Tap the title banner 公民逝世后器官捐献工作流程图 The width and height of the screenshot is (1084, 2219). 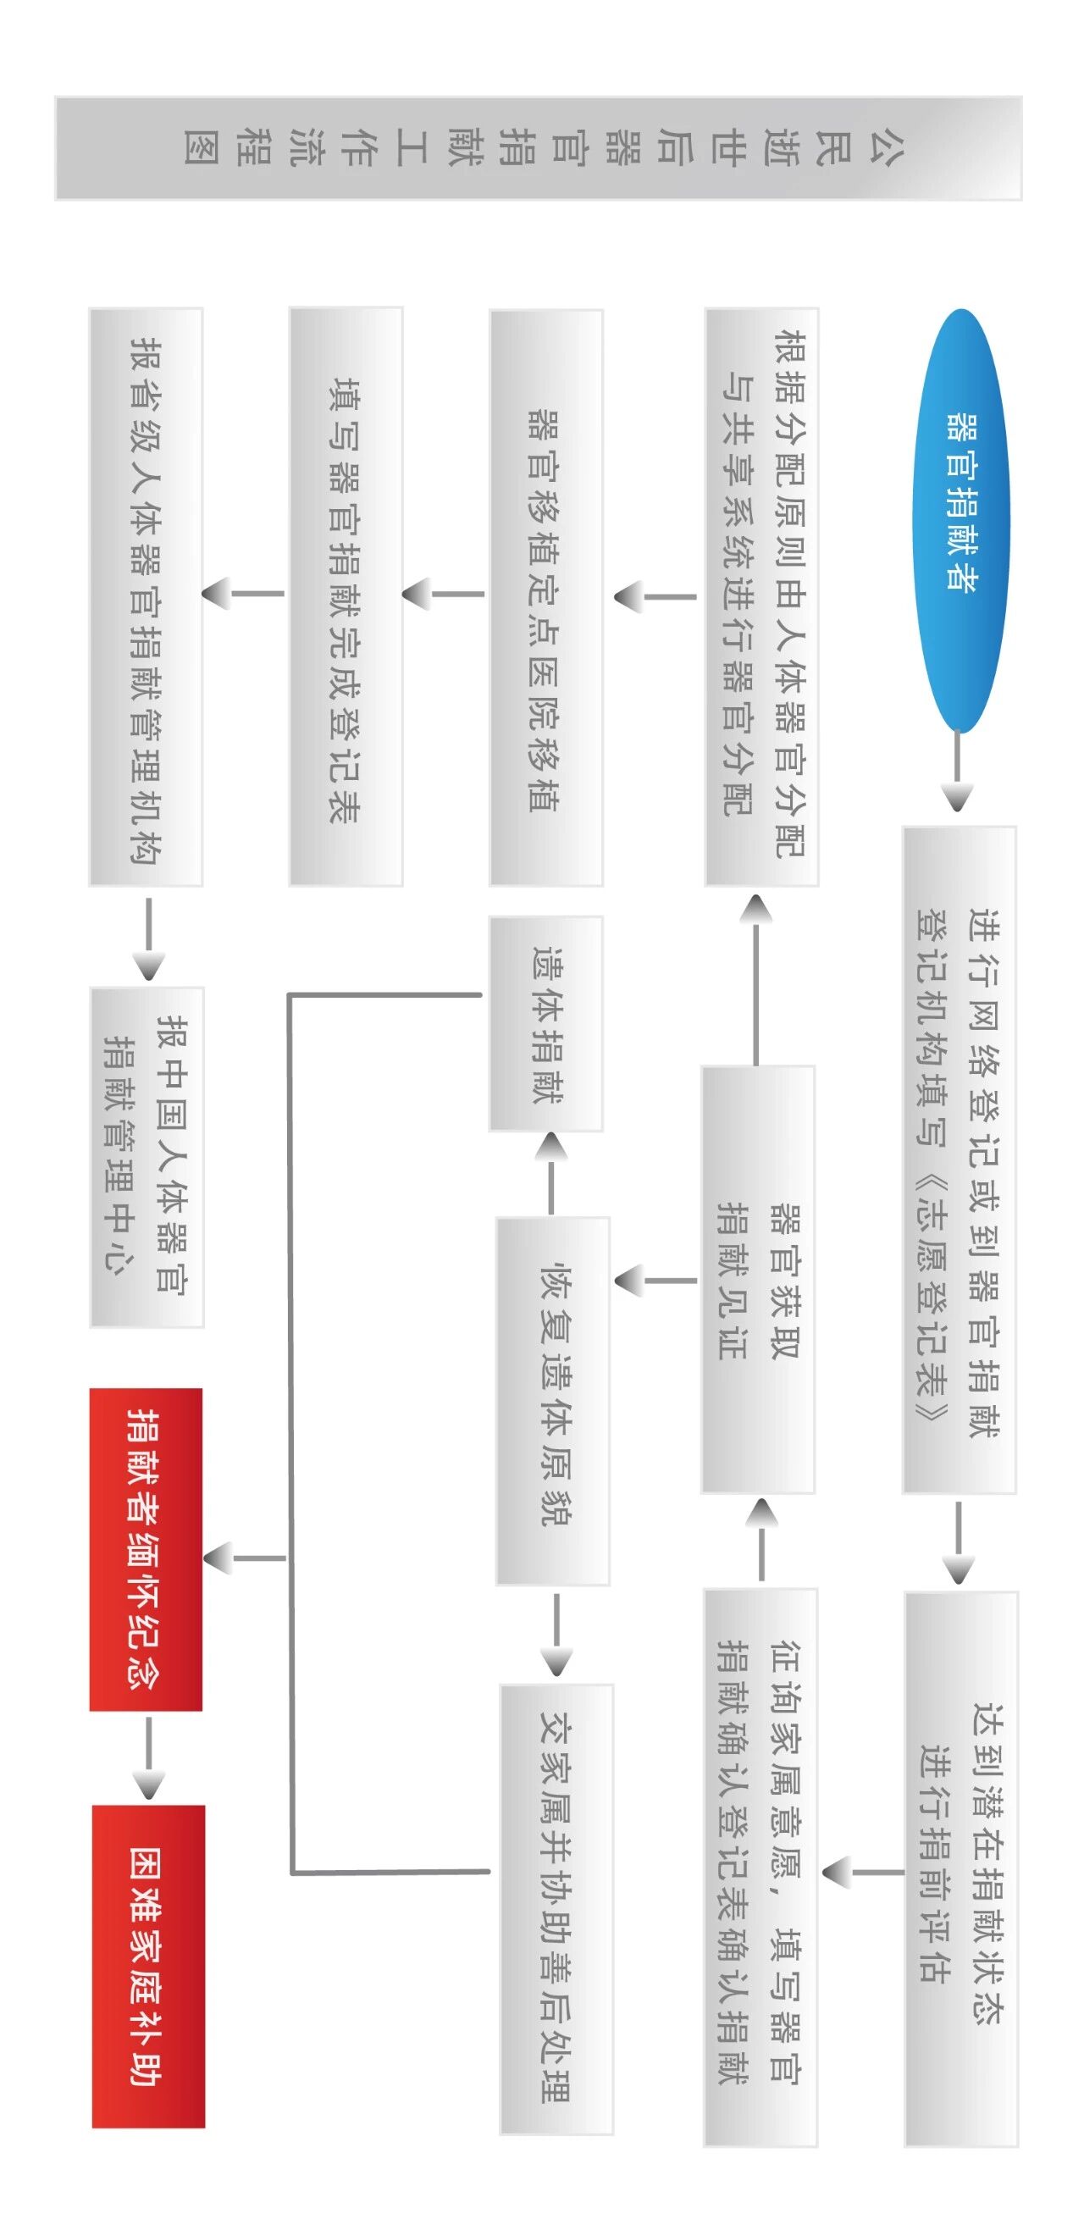point(538,148)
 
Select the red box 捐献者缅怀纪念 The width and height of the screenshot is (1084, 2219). point(147,1550)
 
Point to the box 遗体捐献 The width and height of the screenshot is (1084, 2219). point(546,1023)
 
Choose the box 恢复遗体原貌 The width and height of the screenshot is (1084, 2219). point(553,1402)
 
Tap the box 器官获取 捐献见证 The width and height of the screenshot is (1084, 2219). point(758,1280)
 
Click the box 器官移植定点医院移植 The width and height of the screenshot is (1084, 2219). point(546,598)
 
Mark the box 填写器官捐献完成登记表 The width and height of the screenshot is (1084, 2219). point(346,596)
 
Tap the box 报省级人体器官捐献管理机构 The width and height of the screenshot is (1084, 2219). point(147,597)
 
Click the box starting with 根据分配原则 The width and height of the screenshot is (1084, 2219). point(761,597)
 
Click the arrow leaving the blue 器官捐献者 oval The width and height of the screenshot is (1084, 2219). point(958,771)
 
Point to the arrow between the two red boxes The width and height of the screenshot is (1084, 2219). point(148,1758)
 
